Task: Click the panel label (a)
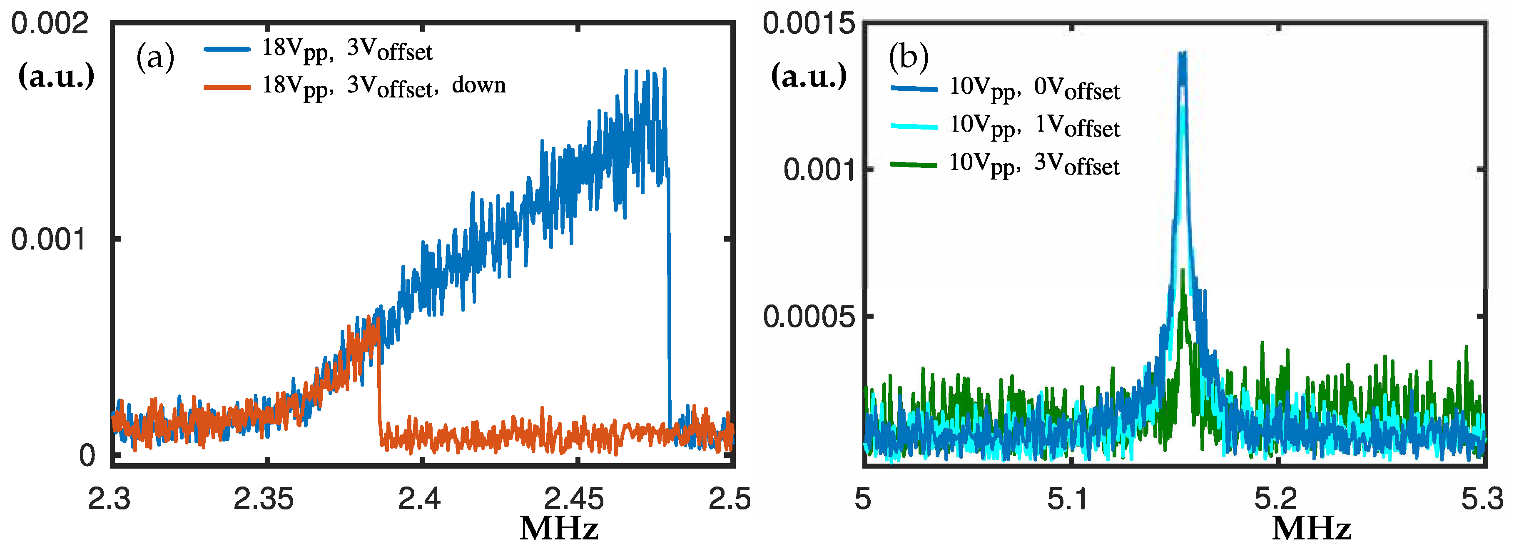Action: pyautogui.click(x=155, y=57)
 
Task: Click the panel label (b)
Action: pyautogui.click(x=908, y=57)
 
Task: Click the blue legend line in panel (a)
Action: pyautogui.click(x=227, y=50)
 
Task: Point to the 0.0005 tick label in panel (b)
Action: pyautogui.click(x=808, y=317)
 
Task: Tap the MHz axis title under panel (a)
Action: pyautogui.click(x=559, y=528)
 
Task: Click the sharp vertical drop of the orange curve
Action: pyautogui.click(x=379, y=382)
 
